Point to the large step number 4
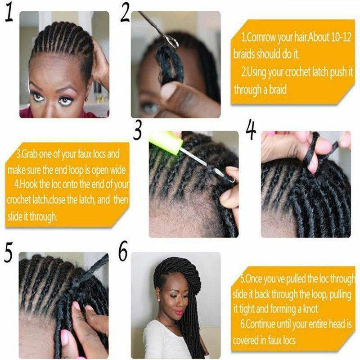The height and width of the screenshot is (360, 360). point(251,131)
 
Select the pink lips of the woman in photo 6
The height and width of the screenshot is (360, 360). point(179,312)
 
